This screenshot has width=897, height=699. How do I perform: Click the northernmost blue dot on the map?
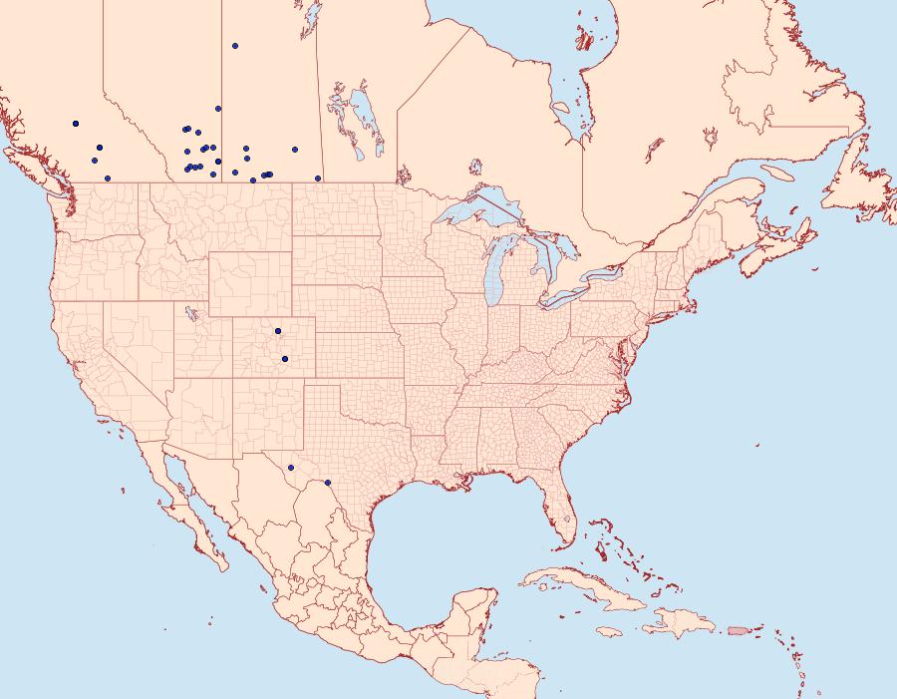pos(235,45)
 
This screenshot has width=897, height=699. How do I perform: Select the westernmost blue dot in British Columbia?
pos(76,124)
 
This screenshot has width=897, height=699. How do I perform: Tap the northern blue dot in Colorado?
pos(278,331)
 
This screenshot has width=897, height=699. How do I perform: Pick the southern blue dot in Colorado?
pos(285,359)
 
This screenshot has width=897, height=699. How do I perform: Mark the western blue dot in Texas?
pos(291,468)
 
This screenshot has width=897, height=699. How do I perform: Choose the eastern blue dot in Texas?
pos(328,483)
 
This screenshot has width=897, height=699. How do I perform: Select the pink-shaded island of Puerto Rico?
pos(738,630)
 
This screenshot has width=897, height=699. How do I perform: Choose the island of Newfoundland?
pos(857,179)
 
